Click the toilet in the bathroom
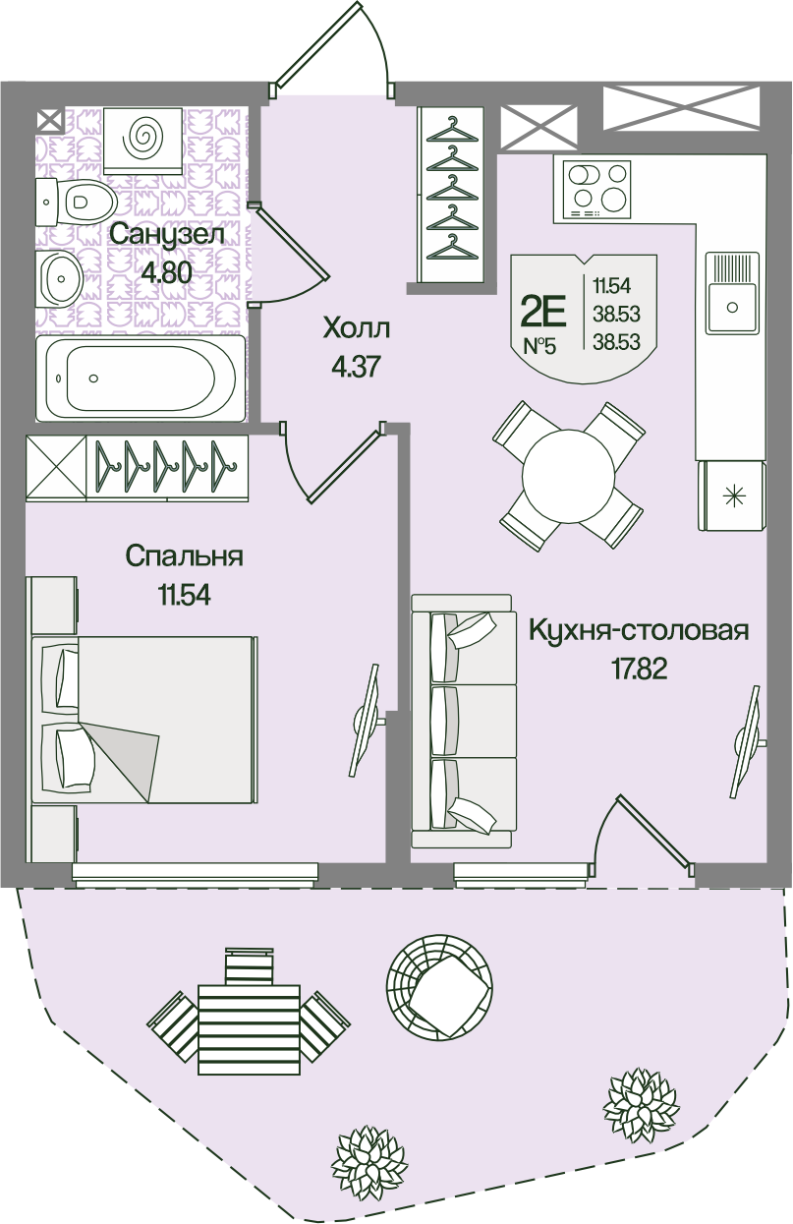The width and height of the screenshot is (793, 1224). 79,203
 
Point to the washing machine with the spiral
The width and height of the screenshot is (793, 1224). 142,138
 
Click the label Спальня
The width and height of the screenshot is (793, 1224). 184,556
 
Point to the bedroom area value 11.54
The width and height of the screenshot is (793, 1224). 184,594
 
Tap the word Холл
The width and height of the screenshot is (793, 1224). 356,327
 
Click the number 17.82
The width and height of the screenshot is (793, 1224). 639,670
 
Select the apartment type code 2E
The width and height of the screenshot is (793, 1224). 543,312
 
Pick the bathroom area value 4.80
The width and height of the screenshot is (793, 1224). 165,272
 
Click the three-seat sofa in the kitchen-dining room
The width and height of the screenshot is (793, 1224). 462,721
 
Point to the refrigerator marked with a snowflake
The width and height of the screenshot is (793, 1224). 730,495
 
